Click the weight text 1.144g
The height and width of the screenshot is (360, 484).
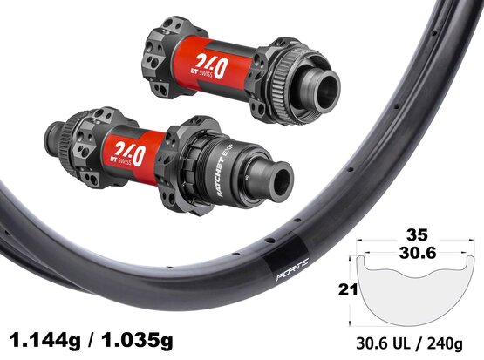(x=44, y=341)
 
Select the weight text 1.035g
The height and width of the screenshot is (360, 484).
(x=137, y=341)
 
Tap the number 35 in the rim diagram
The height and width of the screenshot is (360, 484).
(x=417, y=235)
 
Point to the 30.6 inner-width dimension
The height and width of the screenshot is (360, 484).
(x=418, y=254)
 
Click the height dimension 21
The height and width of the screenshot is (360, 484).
(x=348, y=289)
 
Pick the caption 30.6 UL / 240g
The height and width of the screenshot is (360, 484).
(x=409, y=343)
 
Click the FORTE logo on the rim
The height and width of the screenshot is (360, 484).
(x=292, y=269)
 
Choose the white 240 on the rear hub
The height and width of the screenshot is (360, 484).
(x=129, y=153)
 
